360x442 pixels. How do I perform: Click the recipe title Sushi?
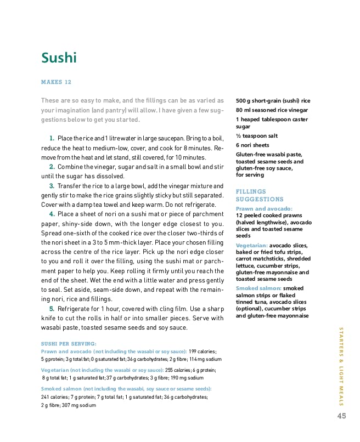pyautogui.click(x=59, y=58)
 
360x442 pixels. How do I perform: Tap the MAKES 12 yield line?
pyautogui.click(x=56, y=82)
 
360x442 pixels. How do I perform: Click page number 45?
pyautogui.click(x=341, y=416)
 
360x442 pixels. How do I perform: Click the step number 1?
pyautogui.click(x=52, y=138)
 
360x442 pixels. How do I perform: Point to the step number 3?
pyautogui.click(x=52, y=186)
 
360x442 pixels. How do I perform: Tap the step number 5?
pyautogui.click(x=52, y=309)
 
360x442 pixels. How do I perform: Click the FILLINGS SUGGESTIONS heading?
pyautogui.click(x=260, y=195)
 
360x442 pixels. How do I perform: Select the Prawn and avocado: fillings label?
pyautogui.click(x=264, y=209)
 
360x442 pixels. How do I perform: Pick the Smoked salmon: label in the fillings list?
pyautogui.click(x=258, y=288)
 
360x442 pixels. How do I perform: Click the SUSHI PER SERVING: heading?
pyautogui.click(x=69, y=344)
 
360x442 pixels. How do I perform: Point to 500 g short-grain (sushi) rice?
pyautogui.click(x=273, y=101)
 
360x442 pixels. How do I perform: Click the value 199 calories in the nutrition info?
pyautogui.click(x=203, y=351)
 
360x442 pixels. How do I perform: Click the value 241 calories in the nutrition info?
pyautogui.click(x=55, y=396)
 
